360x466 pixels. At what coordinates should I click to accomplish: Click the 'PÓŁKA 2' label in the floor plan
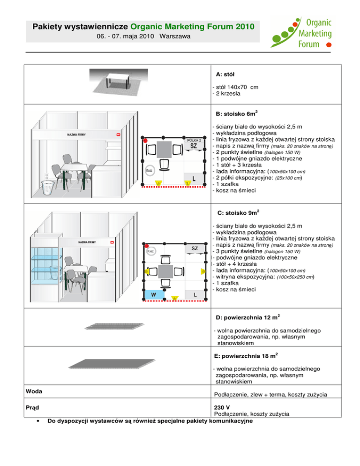pyautogui.click(x=194, y=140)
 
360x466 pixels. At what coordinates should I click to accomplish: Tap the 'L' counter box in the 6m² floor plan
pyautogui.click(x=194, y=178)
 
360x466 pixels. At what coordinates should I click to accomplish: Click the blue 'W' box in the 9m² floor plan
pyautogui.click(x=154, y=294)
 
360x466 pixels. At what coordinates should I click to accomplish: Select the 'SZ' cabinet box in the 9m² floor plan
pyautogui.click(x=195, y=248)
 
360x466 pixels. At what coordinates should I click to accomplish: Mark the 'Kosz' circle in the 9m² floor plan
pyautogui.click(x=151, y=251)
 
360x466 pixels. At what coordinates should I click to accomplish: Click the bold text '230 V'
pyautogui.click(x=222, y=406)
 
